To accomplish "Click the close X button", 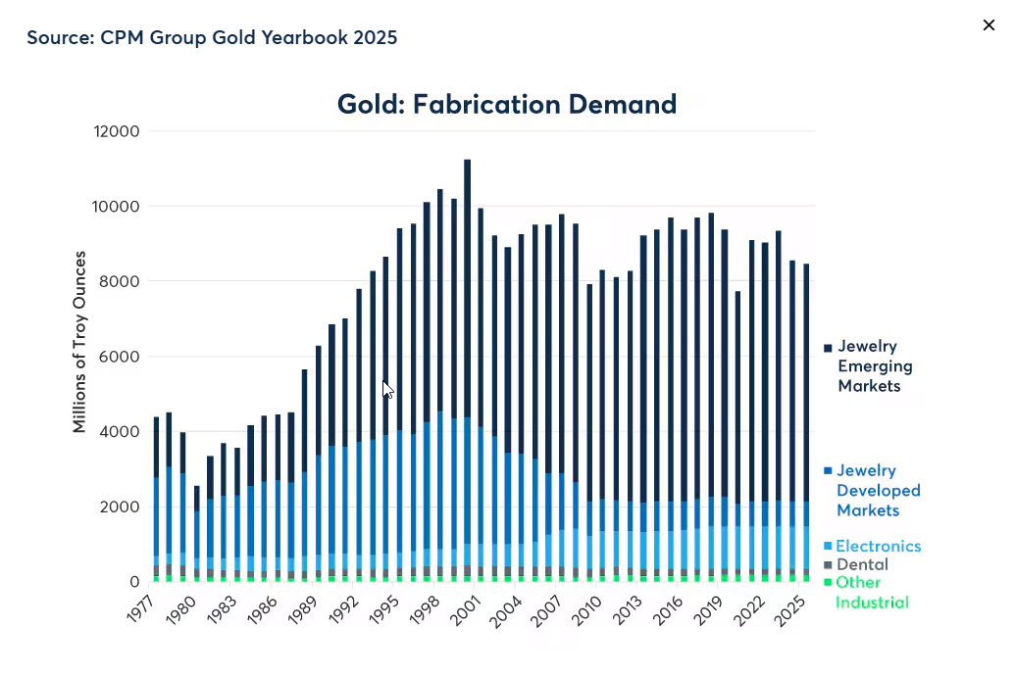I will [989, 25].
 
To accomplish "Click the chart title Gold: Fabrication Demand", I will [506, 104].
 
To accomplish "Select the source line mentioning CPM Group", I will [212, 37].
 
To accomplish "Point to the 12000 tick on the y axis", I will [117, 131].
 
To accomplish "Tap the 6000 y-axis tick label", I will [121, 357].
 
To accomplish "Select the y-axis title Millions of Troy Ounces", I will [79, 342].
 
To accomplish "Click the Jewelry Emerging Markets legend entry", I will [874, 365].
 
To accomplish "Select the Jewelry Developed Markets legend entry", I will [878, 490].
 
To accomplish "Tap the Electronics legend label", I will [878, 546].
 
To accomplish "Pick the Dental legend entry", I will [862, 564].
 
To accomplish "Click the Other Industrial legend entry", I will [871, 592].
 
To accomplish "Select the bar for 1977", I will [156, 500].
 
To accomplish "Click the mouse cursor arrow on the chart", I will [387, 389].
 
